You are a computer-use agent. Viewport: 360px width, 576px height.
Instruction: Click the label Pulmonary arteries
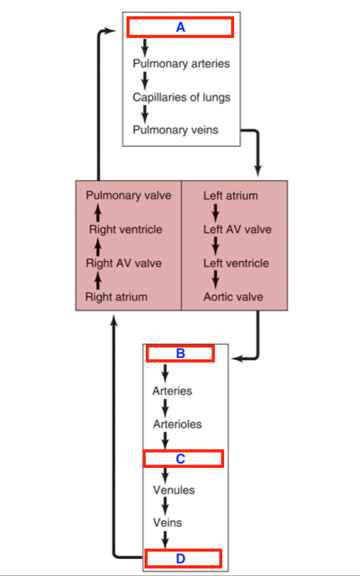tap(181, 64)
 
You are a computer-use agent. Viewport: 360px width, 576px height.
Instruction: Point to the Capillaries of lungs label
tap(182, 97)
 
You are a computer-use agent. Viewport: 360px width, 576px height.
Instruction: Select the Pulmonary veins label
tap(175, 130)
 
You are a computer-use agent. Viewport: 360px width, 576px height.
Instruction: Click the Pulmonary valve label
tap(129, 195)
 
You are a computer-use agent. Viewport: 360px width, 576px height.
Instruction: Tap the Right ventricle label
tap(125, 229)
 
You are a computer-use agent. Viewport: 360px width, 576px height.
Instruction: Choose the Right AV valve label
tap(123, 263)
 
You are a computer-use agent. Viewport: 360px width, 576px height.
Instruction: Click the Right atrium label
tap(116, 297)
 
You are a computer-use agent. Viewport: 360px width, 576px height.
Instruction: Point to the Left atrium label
tap(230, 195)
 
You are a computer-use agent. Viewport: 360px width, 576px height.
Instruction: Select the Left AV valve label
tap(238, 229)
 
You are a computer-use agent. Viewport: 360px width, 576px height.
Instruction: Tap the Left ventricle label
tap(236, 263)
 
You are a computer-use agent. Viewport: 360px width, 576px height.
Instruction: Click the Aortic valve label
tap(233, 297)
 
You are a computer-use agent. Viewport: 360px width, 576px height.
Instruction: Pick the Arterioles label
tap(177, 424)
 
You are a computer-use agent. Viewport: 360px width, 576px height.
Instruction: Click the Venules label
tap(174, 490)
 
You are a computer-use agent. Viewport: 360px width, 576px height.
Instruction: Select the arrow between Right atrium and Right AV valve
tap(98, 281)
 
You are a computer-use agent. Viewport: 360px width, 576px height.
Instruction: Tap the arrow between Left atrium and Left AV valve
tap(216, 212)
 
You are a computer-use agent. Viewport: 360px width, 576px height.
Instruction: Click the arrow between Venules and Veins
tap(166, 506)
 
